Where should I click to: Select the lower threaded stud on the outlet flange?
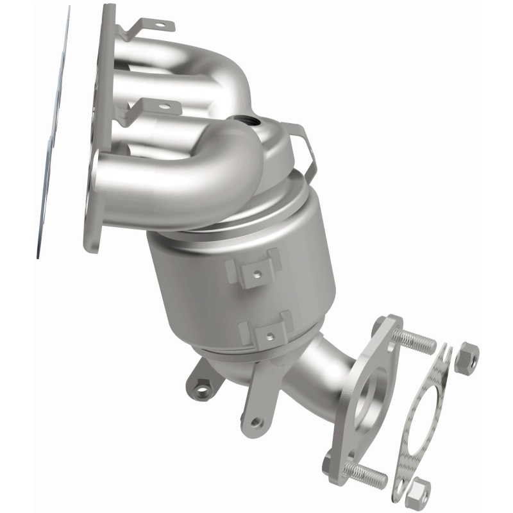[366, 473]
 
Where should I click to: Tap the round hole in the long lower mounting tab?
[256, 422]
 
